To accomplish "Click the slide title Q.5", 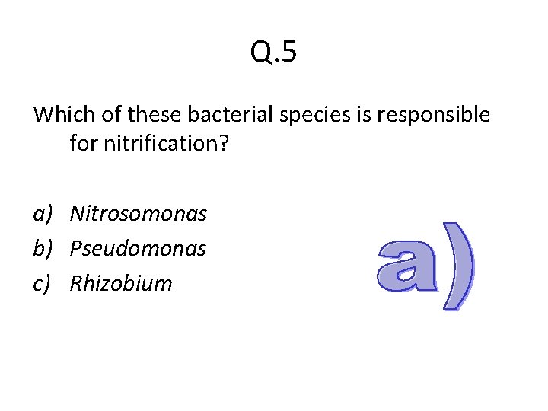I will (x=274, y=53).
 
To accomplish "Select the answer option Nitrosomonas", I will (x=138, y=214).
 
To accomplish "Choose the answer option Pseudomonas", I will (x=138, y=249).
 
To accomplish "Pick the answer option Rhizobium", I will (x=121, y=284).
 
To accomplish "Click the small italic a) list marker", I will (x=43, y=215).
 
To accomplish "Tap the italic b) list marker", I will (x=43, y=249).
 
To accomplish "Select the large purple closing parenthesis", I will (x=458, y=266).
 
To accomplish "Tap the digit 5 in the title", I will (x=288, y=53).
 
